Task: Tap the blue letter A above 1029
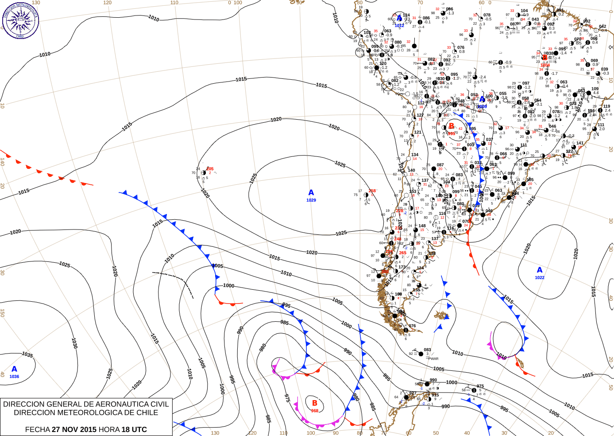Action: (x=311, y=193)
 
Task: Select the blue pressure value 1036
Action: (x=14, y=377)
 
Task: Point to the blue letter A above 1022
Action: (x=540, y=270)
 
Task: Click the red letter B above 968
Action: (x=315, y=403)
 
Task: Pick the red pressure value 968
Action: (x=314, y=411)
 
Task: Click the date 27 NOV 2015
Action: (x=74, y=429)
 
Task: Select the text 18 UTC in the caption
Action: (x=132, y=429)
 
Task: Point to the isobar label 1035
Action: (x=27, y=354)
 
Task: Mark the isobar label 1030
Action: (x=74, y=343)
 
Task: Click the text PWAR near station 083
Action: (x=433, y=359)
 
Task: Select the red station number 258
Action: (x=372, y=191)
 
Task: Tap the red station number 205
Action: (x=210, y=169)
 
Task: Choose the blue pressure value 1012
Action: (x=399, y=26)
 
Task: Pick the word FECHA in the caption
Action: (x=37, y=429)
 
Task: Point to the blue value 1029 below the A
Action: (x=311, y=200)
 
